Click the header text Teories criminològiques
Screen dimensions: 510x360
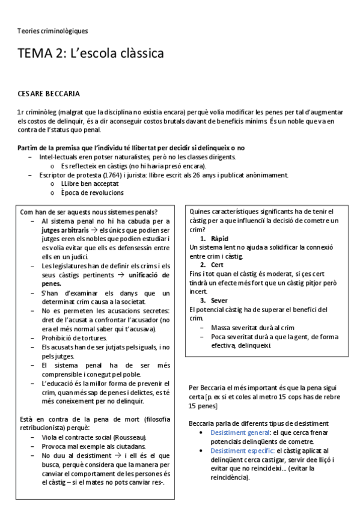(x=52, y=30)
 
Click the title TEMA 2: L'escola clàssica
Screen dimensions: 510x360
(x=91, y=54)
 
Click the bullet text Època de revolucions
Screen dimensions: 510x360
(x=93, y=193)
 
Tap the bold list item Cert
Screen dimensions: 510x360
(x=217, y=265)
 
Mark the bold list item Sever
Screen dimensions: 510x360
(x=219, y=300)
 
